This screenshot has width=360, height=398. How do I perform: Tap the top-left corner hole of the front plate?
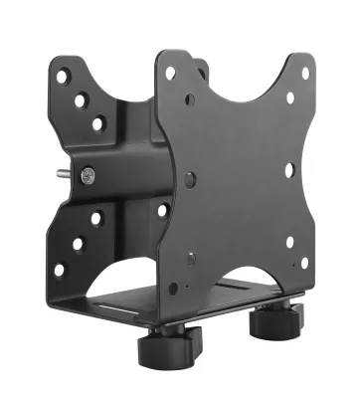(x=170, y=73)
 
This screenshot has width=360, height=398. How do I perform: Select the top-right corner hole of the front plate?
(x=306, y=73)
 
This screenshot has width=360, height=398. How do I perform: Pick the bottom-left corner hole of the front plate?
(x=173, y=288)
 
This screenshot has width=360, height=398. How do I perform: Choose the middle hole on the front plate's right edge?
(x=289, y=169)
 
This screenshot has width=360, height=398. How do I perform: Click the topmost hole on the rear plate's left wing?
(x=62, y=76)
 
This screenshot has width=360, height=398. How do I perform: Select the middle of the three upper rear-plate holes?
(x=81, y=99)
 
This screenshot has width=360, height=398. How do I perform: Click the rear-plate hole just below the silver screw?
(x=96, y=218)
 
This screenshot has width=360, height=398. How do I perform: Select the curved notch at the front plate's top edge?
(x=239, y=62)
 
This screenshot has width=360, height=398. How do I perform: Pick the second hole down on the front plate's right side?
(x=290, y=99)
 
